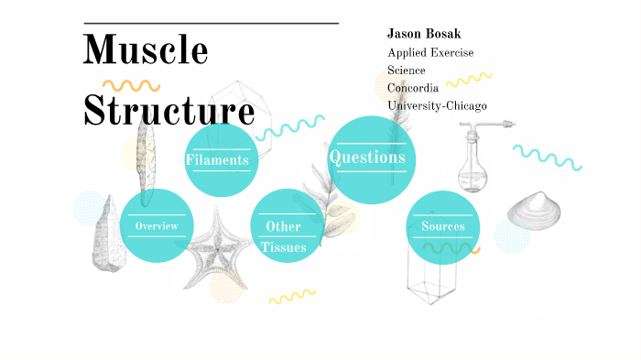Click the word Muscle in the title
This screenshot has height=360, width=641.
point(146,50)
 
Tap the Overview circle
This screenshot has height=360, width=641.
point(156,225)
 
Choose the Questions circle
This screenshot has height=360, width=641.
point(366,158)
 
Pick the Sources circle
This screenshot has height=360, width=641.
point(443,226)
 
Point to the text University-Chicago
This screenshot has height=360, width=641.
point(437,105)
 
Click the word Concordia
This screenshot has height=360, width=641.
point(413,88)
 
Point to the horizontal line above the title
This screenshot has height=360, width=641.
point(211,23)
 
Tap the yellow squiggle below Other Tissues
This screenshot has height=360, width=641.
point(291,297)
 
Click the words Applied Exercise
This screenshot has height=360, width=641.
point(430,52)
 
